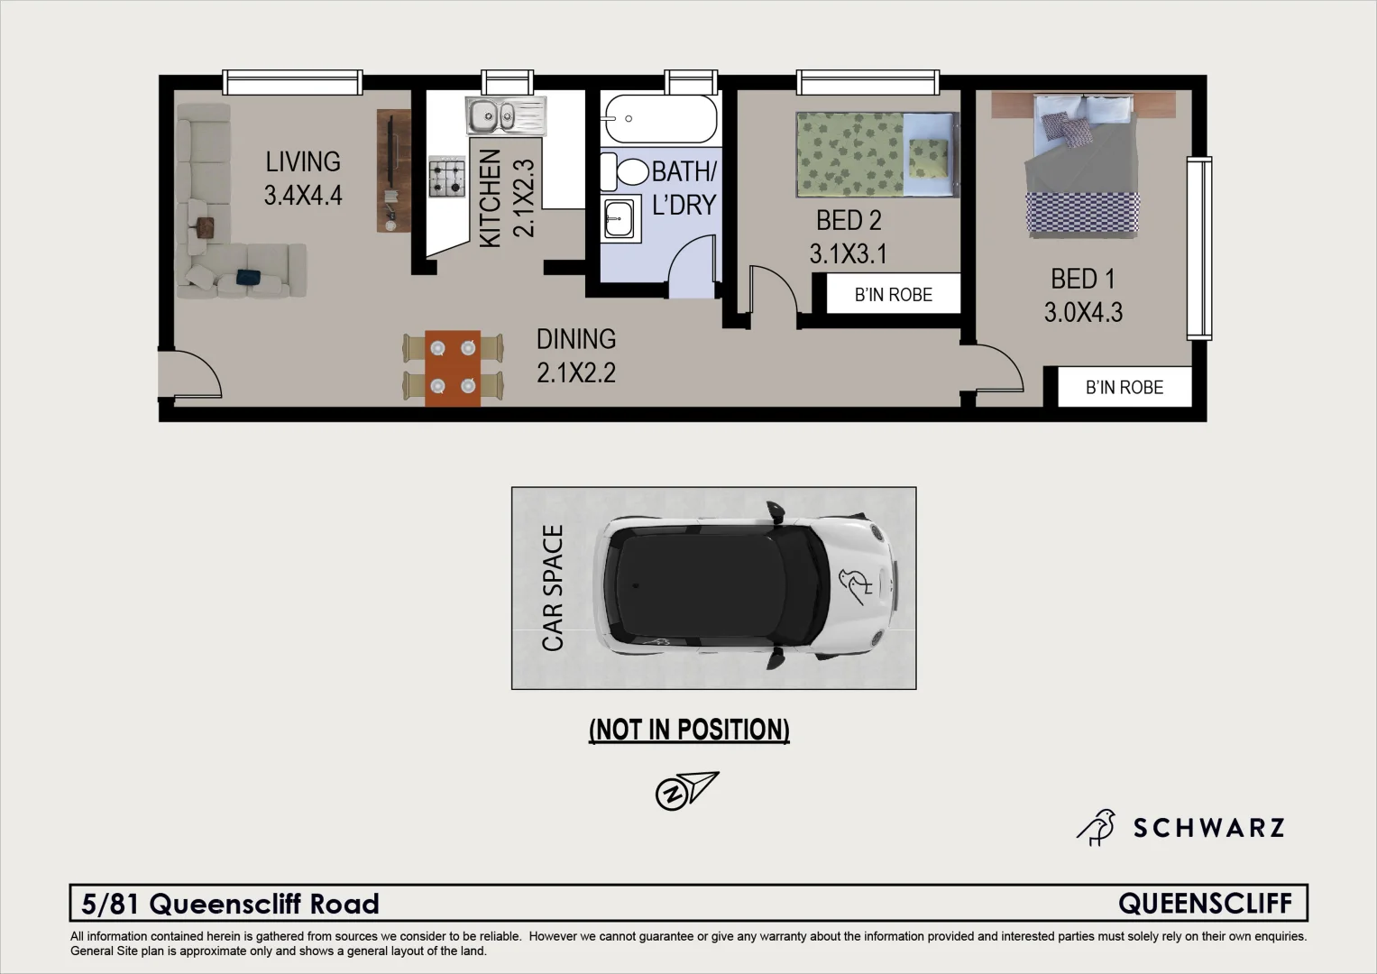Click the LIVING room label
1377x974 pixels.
[x=303, y=162]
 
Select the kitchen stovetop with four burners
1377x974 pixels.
[x=447, y=177]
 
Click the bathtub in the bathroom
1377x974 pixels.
[x=661, y=119]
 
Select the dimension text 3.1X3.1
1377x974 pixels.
[x=848, y=254]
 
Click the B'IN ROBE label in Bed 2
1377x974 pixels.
[x=893, y=295]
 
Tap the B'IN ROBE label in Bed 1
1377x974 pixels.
[x=1124, y=388]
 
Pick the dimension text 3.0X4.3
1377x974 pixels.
[x=1083, y=313]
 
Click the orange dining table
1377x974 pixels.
[x=453, y=367]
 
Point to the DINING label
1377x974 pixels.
[x=576, y=339]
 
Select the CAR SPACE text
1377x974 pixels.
[x=552, y=588]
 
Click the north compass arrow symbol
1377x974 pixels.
[x=686, y=790]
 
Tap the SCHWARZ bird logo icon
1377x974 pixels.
[x=1097, y=827]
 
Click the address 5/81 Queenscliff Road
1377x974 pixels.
[x=231, y=904]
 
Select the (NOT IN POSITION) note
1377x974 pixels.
[x=689, y=730]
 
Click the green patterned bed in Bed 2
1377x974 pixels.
[x=877, y=154]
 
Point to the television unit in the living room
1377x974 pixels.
[x=393, y=171]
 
